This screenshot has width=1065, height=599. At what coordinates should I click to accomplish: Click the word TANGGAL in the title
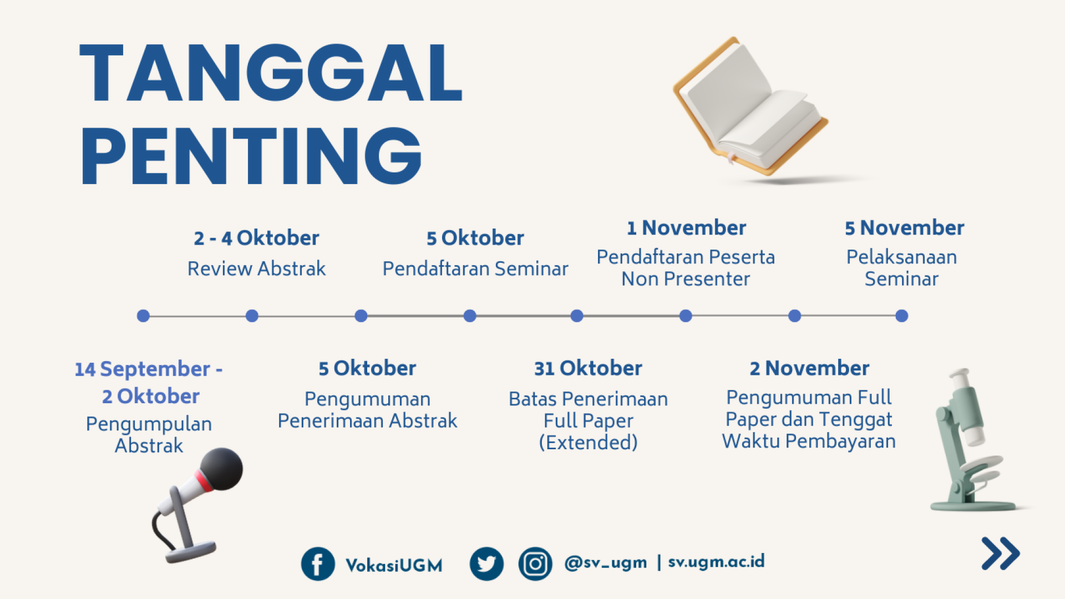[x=271, y=73]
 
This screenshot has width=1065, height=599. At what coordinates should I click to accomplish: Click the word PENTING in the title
[x=251, y=156]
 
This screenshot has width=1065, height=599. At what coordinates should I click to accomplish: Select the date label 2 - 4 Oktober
[x=256, y=238]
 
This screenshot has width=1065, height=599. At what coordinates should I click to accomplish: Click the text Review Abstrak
[x=256, y=268]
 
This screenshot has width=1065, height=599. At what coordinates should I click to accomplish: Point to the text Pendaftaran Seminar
[x=475, y=268]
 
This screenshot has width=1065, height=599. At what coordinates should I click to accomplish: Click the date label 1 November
[x=686, y=228]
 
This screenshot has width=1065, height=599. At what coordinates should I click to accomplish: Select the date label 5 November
[x=904, y=228]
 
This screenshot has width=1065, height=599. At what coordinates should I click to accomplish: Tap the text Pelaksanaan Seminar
[x=901, y=268]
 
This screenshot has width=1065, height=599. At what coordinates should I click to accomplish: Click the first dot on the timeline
[x=143, y=316]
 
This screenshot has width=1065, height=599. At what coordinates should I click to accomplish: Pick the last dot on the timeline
[x=902, y=316]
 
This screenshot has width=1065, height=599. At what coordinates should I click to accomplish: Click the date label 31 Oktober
[x=588, y=368]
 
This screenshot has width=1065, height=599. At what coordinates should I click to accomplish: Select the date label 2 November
[x=809, y=368]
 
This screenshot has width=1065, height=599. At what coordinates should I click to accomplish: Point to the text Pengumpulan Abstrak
[x=149, y=434]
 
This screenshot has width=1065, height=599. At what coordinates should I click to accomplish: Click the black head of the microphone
[x=221, y=469]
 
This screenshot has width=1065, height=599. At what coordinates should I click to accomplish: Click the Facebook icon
[x=318, y=564]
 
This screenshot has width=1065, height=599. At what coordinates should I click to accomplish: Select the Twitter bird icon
[x=486, y=564]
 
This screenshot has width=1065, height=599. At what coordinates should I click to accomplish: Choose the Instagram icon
[x=535, y=564]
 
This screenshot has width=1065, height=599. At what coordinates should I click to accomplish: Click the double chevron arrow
[x=1001, y=553]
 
